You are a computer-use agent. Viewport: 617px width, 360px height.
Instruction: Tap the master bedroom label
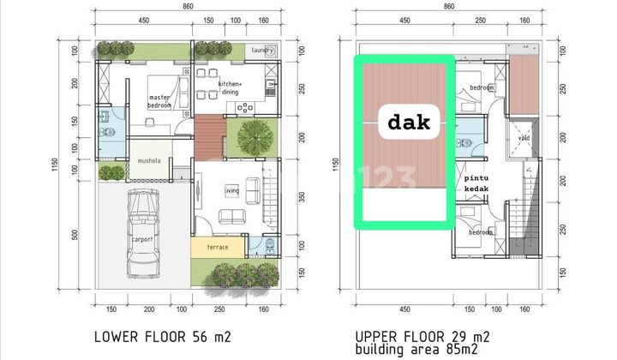point(159,101)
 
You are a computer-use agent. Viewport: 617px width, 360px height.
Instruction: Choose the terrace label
point(218,247)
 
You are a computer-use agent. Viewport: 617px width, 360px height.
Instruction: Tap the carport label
point(142,240)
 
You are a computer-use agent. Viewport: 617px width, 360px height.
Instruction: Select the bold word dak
point(409,123)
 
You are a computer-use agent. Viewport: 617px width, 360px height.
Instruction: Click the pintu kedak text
point(476,184)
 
